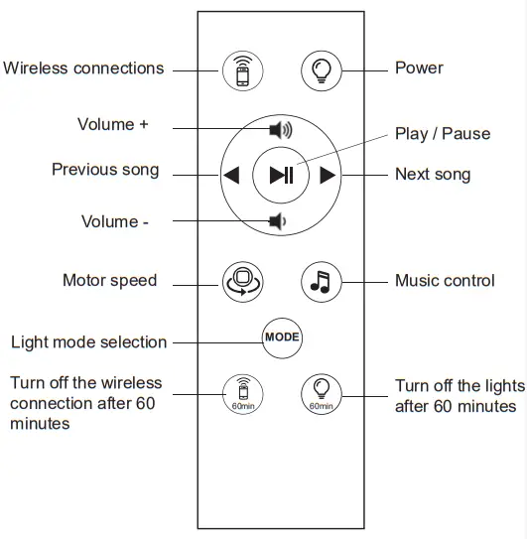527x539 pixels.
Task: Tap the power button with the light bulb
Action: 321,69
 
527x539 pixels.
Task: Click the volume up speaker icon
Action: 281,129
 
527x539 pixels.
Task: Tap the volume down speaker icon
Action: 278,221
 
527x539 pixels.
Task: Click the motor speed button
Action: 241,281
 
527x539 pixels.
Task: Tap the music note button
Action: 320,281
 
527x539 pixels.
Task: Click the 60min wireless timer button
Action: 240,391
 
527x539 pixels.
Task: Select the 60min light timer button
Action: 321,391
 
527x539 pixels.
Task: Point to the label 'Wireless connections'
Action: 83,68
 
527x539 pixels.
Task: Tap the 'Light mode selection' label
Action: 88,342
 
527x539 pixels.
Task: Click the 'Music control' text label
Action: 445,281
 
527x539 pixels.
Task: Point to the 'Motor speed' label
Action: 109,281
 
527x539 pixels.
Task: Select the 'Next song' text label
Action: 433,175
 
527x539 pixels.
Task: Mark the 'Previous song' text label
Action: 105,170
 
